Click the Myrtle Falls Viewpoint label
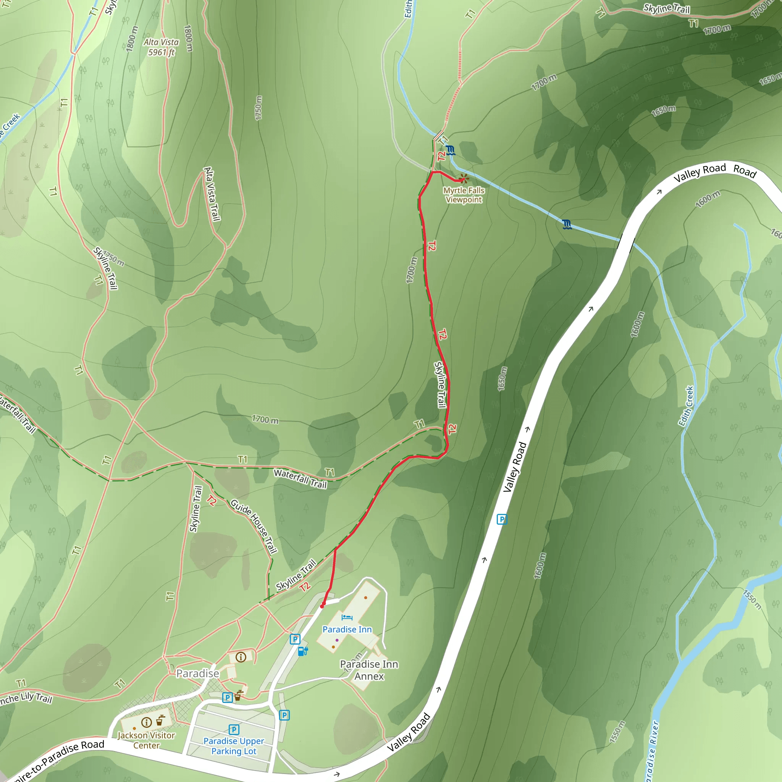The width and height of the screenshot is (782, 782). (464, 195)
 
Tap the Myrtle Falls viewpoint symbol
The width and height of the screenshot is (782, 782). (464, 178)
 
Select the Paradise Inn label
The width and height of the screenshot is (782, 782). (347, 629)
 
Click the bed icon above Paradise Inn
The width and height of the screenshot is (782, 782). (347, 617)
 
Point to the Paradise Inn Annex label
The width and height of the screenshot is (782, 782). (369, 670)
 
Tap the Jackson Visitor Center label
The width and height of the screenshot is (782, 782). (146, 740)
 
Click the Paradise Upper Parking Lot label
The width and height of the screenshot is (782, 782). (234, 746)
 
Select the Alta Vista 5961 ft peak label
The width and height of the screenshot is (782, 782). (161, 47)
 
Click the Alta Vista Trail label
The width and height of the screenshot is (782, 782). (212, 194)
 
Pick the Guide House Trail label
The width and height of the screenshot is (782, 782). (254, 526)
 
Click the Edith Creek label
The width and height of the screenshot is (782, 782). (686, 406)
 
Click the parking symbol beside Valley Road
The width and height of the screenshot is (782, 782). (502, 519)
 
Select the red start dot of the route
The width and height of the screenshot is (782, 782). (323, 606)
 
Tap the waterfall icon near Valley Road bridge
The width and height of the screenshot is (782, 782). (567, 224)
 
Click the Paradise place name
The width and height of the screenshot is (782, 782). (197, 674)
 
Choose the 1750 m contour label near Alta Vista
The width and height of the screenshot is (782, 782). (259, 108)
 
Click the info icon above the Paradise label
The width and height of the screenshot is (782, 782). (241, 657)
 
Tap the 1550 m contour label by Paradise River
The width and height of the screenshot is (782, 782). (753, 599)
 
